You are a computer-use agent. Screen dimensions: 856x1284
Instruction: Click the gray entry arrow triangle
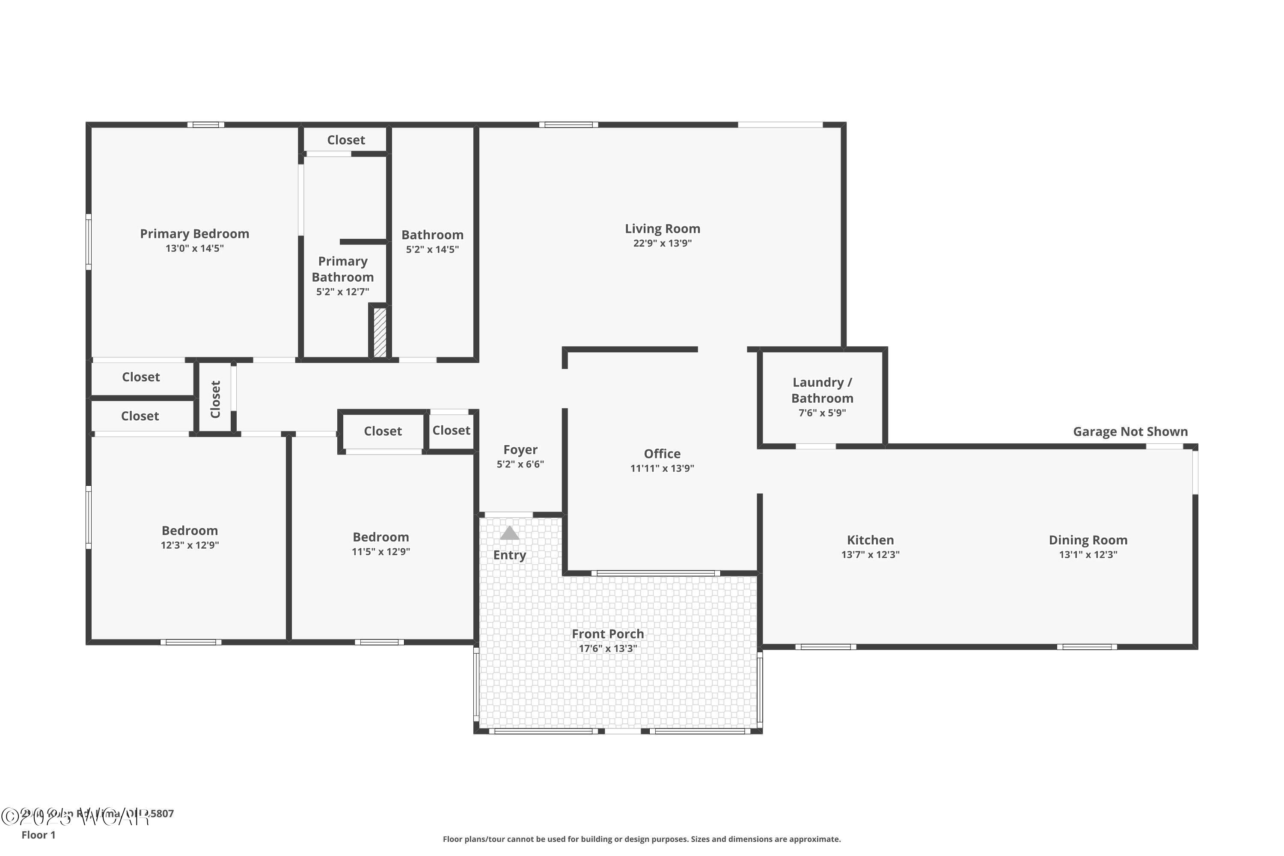(509, 533)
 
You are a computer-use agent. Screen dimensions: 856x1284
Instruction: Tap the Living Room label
(662, 229)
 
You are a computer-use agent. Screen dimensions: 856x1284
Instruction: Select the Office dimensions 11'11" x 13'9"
(662, 468)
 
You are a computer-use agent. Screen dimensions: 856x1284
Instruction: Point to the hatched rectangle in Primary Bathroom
(380, 333)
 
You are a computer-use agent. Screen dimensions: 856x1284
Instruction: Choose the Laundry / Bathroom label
(822, 390)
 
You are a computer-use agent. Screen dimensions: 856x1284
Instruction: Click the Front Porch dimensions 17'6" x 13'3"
(608, 648)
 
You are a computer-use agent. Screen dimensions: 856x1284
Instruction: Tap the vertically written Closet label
(215, 399)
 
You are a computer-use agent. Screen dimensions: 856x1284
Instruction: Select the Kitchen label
(870, 540)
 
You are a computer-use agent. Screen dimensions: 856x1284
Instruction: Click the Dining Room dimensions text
(1088, 555)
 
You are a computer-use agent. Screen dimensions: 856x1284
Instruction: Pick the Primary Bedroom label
(194, 234)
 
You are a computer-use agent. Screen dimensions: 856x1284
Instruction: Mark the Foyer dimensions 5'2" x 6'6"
(520, 464)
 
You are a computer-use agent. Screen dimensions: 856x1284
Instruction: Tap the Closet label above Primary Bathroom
(346, 140)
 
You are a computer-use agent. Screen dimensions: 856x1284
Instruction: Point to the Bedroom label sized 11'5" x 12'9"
(380, 537)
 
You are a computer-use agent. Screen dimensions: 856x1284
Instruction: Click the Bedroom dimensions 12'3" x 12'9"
(190, 545)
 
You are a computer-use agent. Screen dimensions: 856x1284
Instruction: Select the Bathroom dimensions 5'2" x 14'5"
(432, 250)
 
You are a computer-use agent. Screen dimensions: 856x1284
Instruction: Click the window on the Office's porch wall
(656, 573)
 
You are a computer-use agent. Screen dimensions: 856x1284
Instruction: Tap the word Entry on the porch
(509, 555)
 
